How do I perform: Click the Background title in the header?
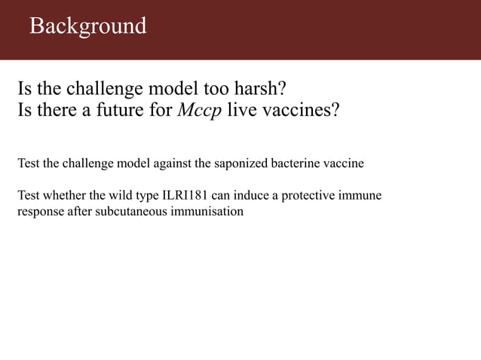point(87,26)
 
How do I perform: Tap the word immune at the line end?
point(362,197)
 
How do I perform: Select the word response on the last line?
point(40,211)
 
